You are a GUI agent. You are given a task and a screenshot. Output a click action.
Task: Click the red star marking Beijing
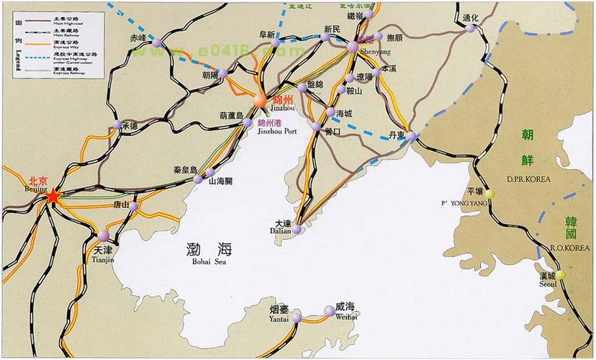point(52,195)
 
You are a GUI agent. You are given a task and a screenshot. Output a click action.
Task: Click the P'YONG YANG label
point(469,204)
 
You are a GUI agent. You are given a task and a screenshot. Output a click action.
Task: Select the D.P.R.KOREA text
point(528,179)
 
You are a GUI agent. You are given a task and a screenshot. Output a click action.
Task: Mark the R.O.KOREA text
point(561,247)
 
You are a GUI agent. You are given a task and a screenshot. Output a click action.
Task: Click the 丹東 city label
point(397,135)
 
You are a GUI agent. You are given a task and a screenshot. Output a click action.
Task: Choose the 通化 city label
point(470,18)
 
